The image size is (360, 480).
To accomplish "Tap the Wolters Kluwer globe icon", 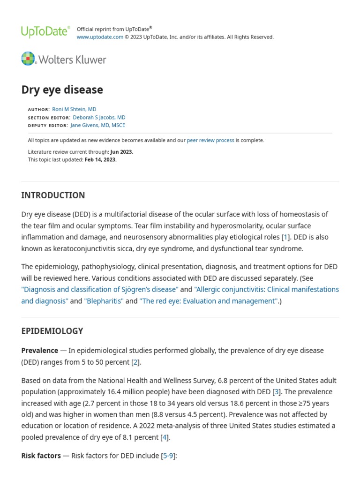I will [28, 59].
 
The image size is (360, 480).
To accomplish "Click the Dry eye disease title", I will [62, 90].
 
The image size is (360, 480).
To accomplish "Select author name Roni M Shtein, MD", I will [74, 109].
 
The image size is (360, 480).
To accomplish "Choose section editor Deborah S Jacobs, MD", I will [99, 117].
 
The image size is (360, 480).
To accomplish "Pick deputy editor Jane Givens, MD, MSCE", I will [97, 125].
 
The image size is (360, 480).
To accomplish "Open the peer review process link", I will [210, 140].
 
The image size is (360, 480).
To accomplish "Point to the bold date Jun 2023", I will [121, 152].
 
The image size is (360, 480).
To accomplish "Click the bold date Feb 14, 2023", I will [100, 159].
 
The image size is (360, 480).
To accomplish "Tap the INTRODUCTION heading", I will [53, 195].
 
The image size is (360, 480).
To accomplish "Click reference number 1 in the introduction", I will [285, 237].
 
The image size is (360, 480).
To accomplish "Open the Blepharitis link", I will [104, 301].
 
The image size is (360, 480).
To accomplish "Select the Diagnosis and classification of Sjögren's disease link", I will [100, 290].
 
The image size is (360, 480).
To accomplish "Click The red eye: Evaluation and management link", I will [209, 301].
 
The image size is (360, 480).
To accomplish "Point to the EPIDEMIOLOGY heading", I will [52, 331].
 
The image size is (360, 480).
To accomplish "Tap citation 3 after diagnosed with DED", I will [277, 392].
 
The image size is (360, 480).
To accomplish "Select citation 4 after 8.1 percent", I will [164, 437].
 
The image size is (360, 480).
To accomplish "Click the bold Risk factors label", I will [41, 456].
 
